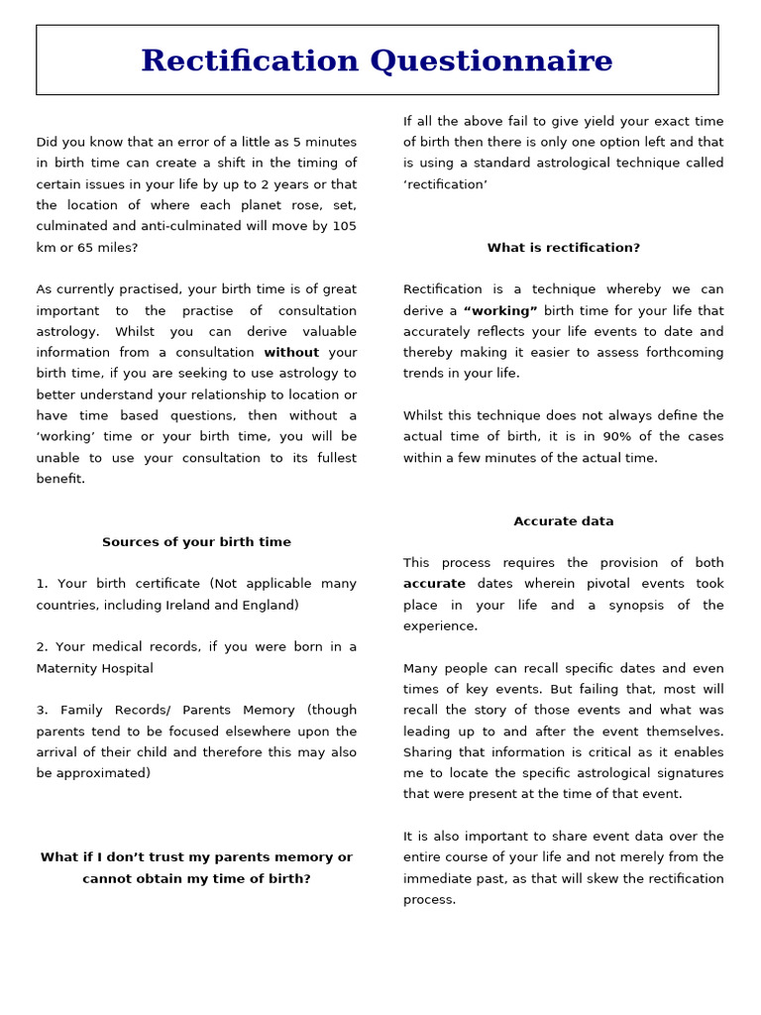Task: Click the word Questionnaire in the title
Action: point(491,61)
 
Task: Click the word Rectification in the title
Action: point(251,61)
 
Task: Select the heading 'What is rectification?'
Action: point(563,248)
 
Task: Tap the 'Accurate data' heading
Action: point(563,521)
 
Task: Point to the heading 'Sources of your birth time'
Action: point(196,542)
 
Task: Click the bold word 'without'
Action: point(291,353)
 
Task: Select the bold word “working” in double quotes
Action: point(500,311)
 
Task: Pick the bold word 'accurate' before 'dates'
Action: point(434,585)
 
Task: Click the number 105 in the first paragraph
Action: point(344,226)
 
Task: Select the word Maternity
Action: point(72,669)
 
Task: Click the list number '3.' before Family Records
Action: point(42,711)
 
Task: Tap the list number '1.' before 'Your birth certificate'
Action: point(42,585)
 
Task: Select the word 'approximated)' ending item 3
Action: point(105,774)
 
